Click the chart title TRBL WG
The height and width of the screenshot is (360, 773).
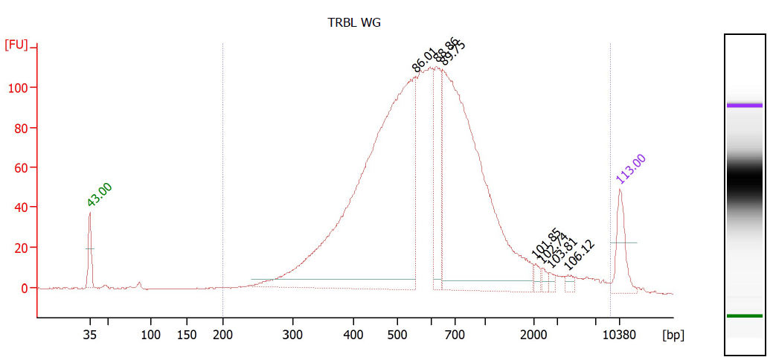coord(354,22)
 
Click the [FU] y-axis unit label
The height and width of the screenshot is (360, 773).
coord(16,45)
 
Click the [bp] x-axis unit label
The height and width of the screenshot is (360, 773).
coord(673,335)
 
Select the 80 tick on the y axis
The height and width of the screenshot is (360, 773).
coord(22,128)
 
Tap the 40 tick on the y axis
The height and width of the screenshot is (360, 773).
coord(22,208)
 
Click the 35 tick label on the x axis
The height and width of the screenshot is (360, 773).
coord(90,335)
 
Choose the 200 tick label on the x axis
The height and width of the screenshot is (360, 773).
coord(223,335)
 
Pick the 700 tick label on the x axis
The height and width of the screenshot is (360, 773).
coord(455,335)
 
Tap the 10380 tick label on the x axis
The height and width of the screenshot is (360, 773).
coord(620,335)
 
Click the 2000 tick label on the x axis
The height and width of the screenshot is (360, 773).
coord(533,335)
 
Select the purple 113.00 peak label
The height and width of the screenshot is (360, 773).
coord(631,169)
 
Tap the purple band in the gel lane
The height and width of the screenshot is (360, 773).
coord(745,106)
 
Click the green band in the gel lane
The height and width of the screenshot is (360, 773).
coord(745,316)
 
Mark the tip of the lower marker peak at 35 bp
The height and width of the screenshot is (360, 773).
coord(90,213)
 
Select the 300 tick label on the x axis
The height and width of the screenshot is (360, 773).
coord(293,335)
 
